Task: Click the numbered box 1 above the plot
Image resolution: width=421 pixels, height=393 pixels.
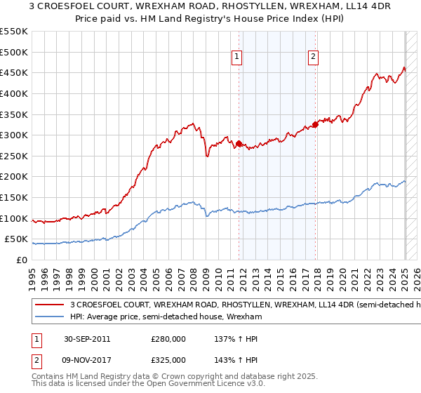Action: tap(237, 58)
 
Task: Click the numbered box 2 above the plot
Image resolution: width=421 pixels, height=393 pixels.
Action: tap(313, 58)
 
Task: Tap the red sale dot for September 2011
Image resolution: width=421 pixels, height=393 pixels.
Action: tap(239, 143)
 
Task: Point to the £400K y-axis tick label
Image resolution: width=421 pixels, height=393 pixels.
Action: tap(14, 93)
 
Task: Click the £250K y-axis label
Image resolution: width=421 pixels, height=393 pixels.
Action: tap(14, 156)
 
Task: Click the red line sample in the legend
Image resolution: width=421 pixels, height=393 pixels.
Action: tap(49, 305)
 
